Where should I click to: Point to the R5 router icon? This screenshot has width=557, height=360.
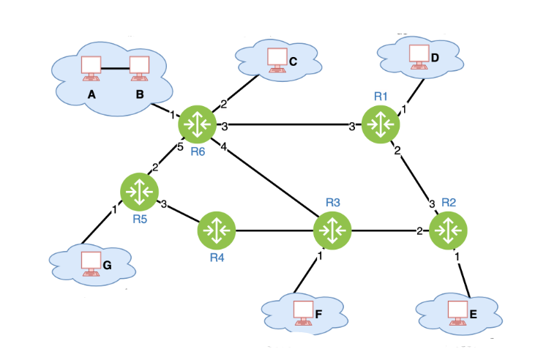138,191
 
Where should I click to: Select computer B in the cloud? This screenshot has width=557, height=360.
139,67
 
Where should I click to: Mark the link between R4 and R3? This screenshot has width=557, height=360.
274,230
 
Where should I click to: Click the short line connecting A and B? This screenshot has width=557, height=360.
116,69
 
